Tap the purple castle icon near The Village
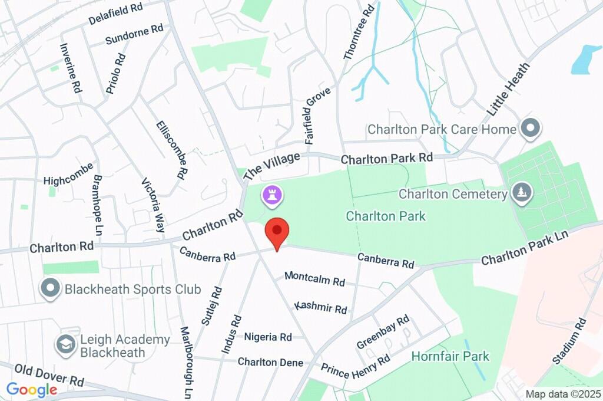pos(272,196)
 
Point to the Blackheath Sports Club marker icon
pos(51,288)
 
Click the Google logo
pos(32,389)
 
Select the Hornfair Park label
pos(450,356)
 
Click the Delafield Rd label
pos(116,14)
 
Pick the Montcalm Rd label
pos(314,278)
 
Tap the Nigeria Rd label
pos(269,337)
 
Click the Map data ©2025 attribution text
pos(563,394)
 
